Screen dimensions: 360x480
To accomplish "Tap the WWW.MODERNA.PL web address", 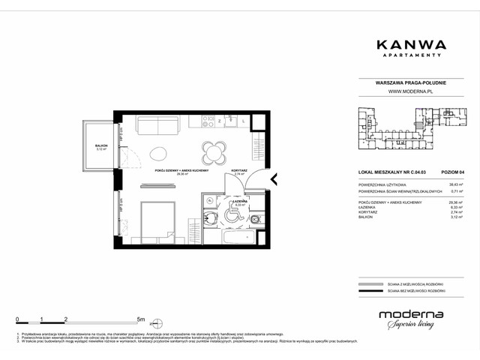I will coord(411,91).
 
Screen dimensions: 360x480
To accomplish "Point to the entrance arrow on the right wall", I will coord(274,179).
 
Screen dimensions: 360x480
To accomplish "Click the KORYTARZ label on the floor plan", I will coord(240,170).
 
